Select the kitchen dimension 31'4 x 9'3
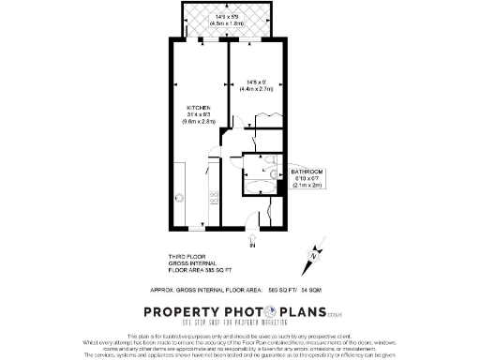201,114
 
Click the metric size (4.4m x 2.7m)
256,89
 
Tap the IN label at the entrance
252,246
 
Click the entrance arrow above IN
252,238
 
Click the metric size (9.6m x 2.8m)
201,122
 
